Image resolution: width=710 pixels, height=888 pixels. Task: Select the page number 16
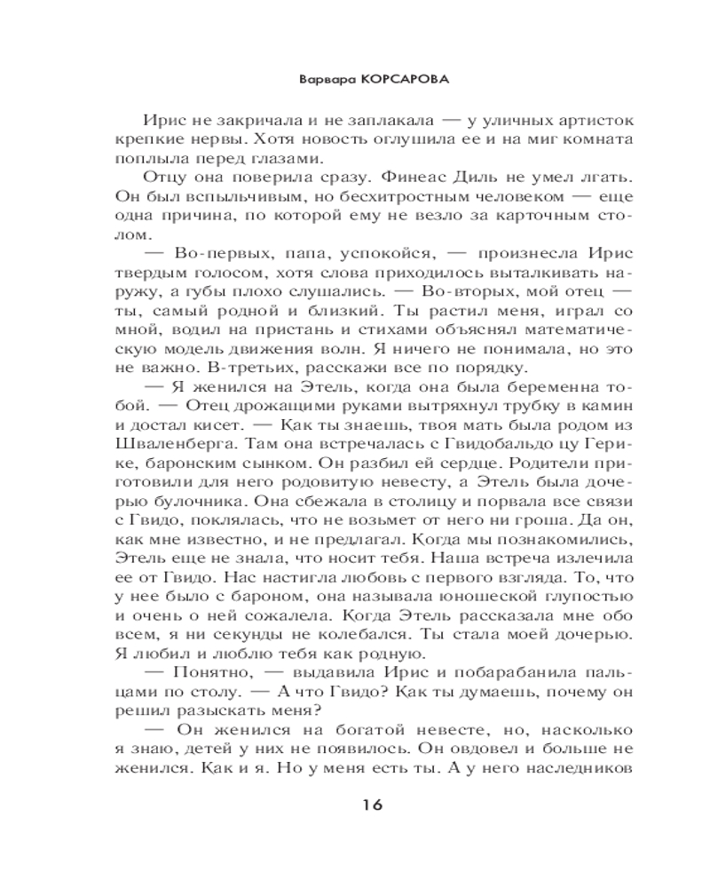click(372, 805)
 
